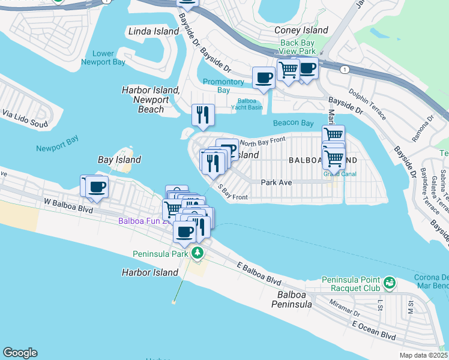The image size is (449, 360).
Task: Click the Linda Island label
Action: coord(154,31)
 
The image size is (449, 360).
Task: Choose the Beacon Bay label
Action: coord(293,123)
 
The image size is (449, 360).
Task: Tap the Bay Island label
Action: coord(119,160)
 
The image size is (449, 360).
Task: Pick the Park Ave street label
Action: coord(276,182)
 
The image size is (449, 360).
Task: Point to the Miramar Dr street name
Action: coord(345,308)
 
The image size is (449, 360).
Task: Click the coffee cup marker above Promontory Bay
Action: coord(264,77)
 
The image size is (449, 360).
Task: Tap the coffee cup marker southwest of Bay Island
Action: coord(96,187)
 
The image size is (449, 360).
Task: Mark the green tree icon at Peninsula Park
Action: coord(197,253)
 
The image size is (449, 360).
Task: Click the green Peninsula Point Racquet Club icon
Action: coord(389,281)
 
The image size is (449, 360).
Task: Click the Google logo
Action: coord(20,353)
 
